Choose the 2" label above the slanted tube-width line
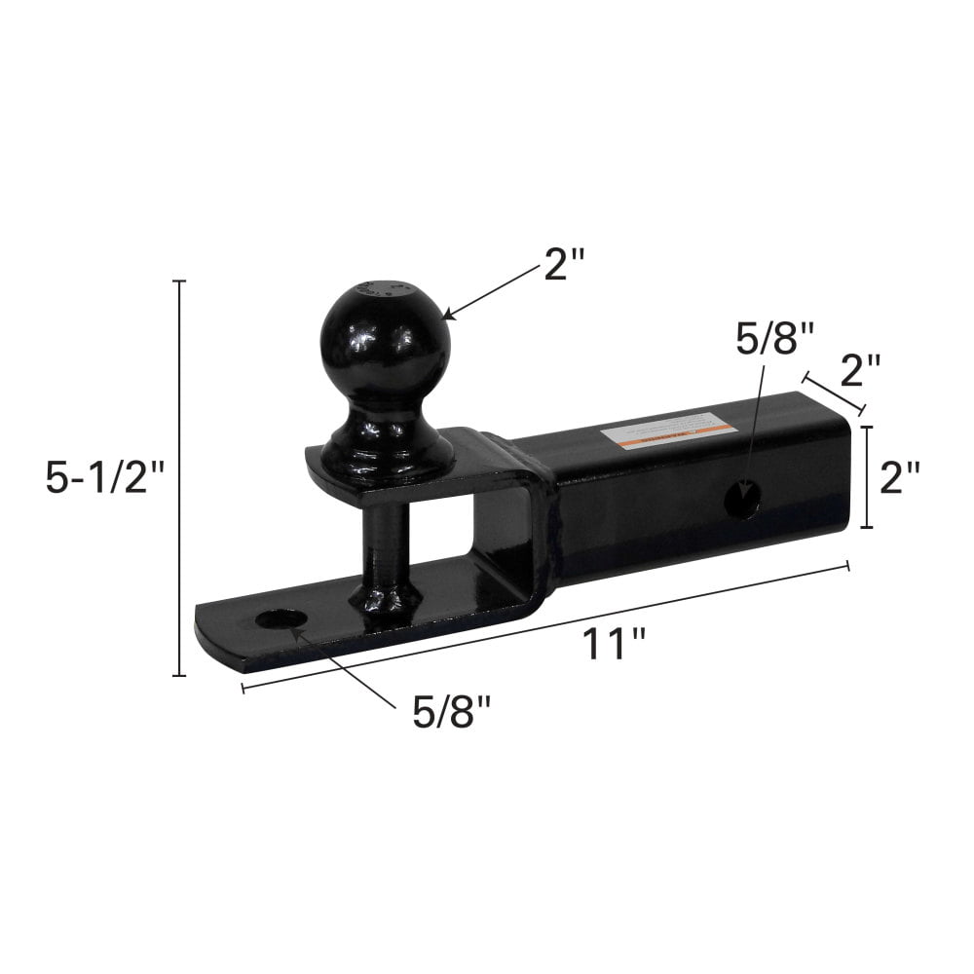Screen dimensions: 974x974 tap(860, 371)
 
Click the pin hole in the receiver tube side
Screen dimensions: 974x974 tap(743, 499)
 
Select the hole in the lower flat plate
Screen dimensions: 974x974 tap(280, 619)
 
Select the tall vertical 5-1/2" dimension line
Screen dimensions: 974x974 tap(179, 477)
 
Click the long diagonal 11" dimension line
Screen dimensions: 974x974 tap(545, 626)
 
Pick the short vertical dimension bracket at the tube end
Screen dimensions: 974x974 tap(867, 476)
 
